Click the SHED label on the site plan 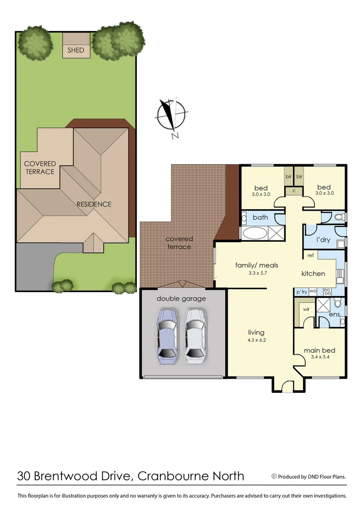76,50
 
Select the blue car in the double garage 167,336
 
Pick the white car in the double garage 195,336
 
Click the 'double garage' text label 181,298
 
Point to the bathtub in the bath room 255,232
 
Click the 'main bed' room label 319,350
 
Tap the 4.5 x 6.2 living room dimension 256,340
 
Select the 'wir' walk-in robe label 306,310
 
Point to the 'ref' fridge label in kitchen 310,255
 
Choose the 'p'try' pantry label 301,292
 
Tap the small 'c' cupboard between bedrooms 294,190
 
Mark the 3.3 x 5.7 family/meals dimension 256,273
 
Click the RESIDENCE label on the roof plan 94,204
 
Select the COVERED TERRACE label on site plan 40,167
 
